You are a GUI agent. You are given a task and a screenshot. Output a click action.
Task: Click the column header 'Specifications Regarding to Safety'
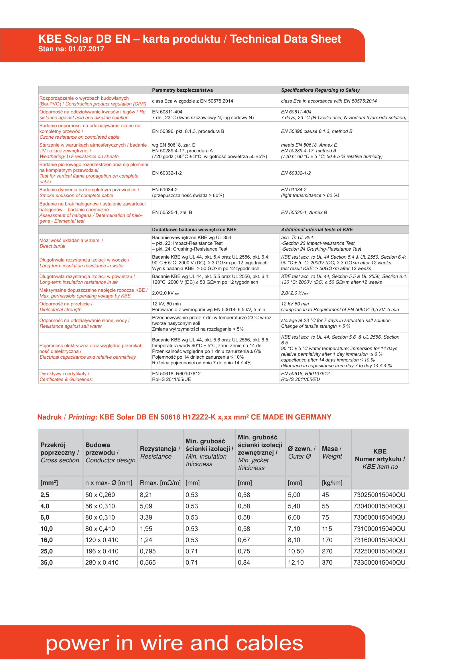tap(320, 90)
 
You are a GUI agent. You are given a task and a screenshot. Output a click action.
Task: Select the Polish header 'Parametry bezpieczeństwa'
tap(182, 90)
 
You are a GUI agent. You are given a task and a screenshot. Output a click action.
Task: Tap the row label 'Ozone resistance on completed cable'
tap(79, 137)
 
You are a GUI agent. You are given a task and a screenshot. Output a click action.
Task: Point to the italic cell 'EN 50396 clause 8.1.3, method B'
tap(316, 131)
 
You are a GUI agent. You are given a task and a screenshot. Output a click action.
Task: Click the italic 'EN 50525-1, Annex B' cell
tap(304, 213)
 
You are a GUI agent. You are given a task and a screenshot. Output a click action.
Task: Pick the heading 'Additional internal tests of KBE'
tap(317, 229)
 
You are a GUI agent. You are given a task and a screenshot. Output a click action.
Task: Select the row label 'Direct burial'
tap(52, 246)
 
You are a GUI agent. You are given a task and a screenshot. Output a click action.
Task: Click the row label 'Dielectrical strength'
tap(60, 310)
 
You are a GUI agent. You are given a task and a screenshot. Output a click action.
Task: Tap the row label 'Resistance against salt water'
tap(71, 326)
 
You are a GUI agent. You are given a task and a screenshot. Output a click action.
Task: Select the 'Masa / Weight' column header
tap(332, 453)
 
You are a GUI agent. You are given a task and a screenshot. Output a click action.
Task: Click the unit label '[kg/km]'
tap(332, 483)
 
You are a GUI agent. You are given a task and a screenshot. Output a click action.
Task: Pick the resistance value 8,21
tap(146, 495)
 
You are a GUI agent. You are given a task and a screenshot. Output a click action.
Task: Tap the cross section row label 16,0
tap(47, 540)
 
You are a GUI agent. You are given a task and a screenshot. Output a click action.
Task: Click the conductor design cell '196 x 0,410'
tap(102, 551)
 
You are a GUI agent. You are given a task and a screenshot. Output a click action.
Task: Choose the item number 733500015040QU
tap(379, 563)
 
